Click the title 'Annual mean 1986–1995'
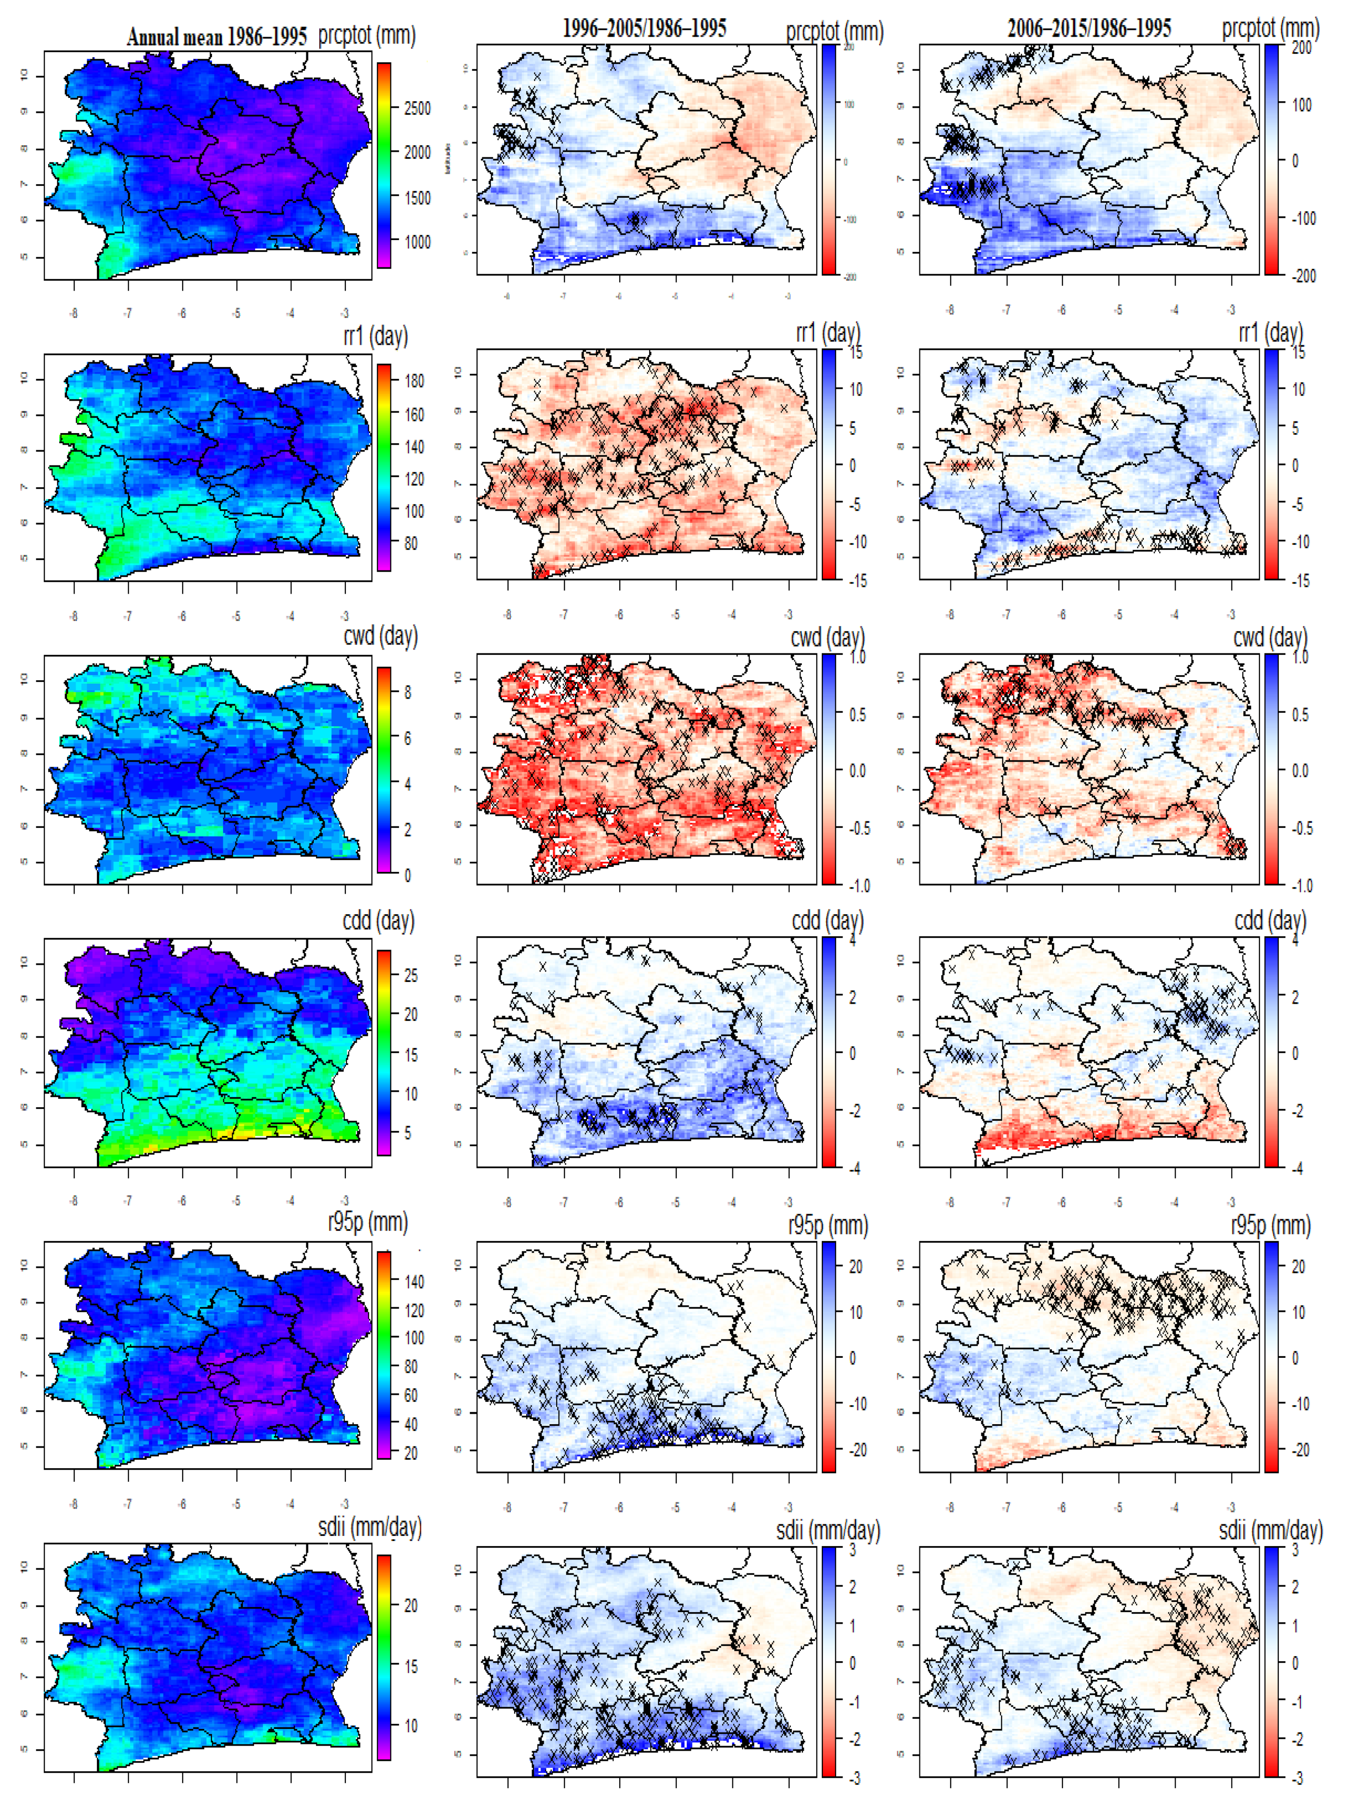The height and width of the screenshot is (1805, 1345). tap(216, 37)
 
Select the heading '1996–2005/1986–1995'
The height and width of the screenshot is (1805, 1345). tap(644, 29)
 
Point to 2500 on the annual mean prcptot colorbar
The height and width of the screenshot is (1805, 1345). tap(417, 108)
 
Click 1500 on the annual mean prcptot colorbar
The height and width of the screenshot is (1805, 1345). tap(417, 198)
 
